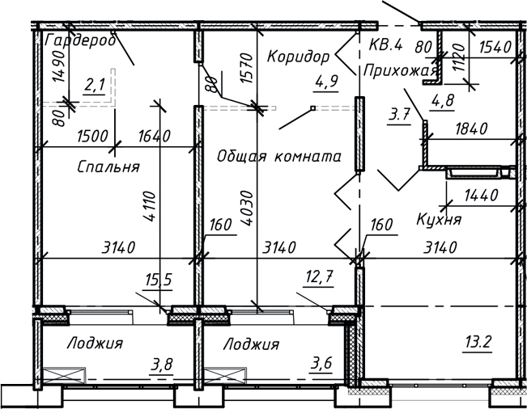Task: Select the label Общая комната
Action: pyautogui.click(x=278, y=155)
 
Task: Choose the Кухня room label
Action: pyautogui.click(x=439, y=218)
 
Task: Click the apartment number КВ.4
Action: pyautogui.click(x=388, y=45)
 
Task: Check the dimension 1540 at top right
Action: pyautogui.click(x=491, y=48)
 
